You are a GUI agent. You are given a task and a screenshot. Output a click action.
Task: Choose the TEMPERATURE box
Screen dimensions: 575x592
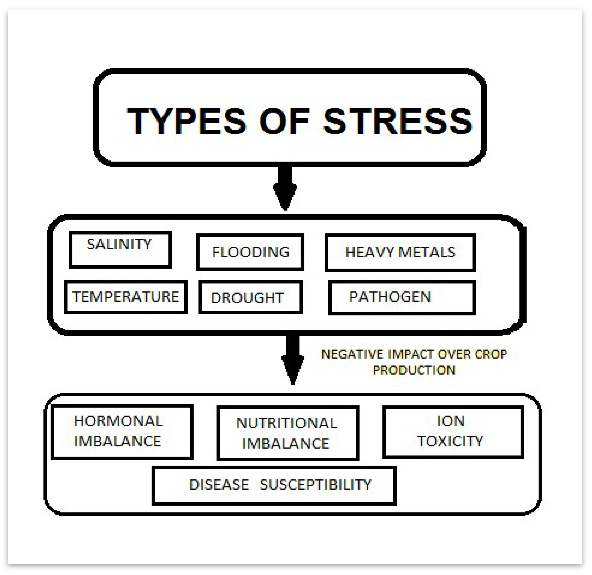(126, 297)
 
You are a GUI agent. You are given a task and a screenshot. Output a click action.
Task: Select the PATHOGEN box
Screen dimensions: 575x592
(402, 297)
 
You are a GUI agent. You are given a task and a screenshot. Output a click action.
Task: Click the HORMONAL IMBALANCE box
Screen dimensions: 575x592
(122, 432)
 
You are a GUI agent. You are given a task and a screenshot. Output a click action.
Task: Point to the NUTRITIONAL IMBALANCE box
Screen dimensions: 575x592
(288, 433)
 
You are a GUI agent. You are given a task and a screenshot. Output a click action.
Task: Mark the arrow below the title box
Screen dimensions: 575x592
(285, 187)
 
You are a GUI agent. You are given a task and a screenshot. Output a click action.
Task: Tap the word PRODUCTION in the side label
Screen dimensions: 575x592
(414, 370)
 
